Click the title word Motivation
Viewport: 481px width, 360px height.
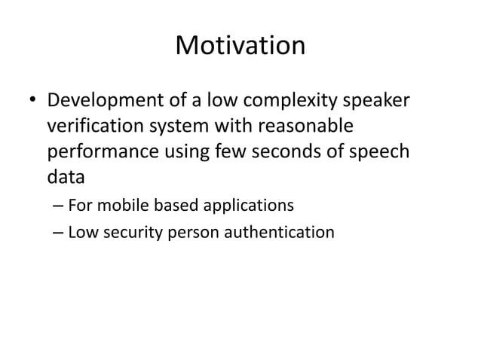tap(240, 46)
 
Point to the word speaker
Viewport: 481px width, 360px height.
tap(379, 100)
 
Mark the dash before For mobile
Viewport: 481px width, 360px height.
tap(58, 205)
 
